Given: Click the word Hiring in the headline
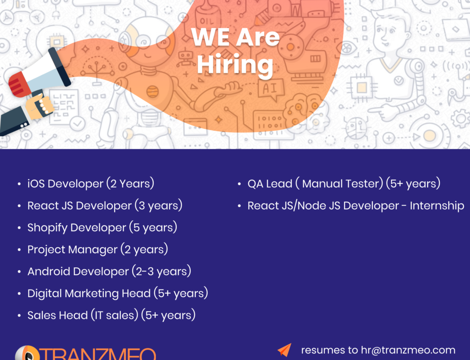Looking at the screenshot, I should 235,65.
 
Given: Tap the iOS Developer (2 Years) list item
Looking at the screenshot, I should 90,183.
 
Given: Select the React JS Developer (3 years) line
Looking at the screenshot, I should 104,205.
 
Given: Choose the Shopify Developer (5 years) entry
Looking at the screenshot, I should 102,227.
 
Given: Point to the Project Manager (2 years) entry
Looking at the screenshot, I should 97,249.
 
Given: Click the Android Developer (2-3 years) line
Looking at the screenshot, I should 109,271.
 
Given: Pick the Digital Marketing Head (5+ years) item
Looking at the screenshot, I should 117,293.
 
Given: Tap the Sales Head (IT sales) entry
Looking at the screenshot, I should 111,315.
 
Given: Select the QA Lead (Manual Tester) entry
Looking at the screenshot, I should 344,183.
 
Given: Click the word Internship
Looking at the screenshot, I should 437,205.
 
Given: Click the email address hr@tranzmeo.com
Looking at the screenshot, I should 408,350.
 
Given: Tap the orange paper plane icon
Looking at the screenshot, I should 284,350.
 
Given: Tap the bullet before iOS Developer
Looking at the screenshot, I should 19,184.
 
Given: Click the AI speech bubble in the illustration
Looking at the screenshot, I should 272,88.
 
